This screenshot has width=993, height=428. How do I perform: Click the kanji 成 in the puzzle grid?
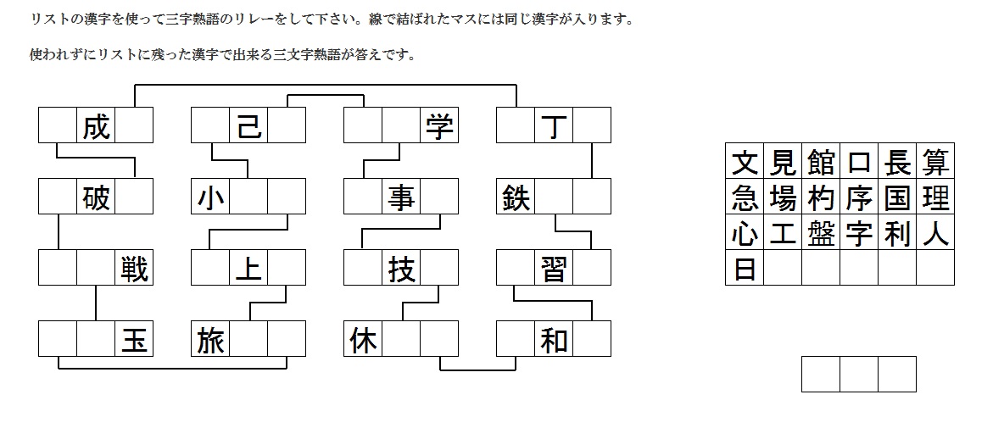coord(96,125)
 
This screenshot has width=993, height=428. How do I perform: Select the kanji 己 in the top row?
coord(248,125)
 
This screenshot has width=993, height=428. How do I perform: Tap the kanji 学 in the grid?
coord(439,125)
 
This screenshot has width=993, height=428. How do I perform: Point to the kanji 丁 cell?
coord(554,125)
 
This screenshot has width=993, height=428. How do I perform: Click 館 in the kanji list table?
coord(821,161)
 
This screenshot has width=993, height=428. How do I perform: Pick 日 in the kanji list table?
coord(745,269)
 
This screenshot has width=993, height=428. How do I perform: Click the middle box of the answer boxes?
coord(859,374)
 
